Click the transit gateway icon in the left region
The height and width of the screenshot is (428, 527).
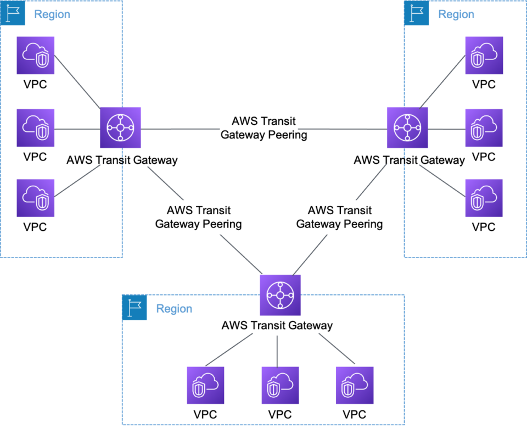pos(121,127)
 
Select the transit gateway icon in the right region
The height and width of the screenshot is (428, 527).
pos(407,127)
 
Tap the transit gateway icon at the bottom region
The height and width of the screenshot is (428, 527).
pos(281,295)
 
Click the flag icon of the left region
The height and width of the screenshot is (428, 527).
pos(13,14)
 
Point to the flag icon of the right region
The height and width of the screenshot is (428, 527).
pos(417,14)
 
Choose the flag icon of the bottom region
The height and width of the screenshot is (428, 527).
pos(134,308)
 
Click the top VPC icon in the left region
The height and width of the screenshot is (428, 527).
pos(36,55)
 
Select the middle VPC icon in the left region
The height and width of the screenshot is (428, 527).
pos(36,127)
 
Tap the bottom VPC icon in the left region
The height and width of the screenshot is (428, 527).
pos(36,197)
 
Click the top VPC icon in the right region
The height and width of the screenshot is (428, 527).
pos(484,55)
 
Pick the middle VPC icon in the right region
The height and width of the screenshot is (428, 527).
pos(484,127)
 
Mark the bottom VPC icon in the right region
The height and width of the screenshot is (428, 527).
pos(484,197)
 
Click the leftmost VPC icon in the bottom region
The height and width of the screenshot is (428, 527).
pos(206,385)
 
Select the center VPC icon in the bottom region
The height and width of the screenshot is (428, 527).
pos(281,385)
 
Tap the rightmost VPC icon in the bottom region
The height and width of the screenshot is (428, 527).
pos(355,385)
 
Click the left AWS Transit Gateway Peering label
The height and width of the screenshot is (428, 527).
pos(199,218)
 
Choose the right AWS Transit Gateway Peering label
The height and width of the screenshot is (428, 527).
pos(340,218)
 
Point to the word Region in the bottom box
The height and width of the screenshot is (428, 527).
pos(174,309)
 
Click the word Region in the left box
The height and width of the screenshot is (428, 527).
pos(52,14)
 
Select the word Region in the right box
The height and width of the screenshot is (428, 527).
pos(456,14)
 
